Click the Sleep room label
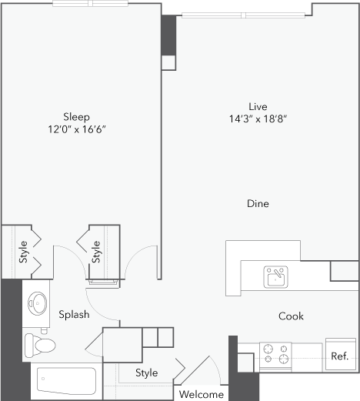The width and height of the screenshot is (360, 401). tap(76, 117)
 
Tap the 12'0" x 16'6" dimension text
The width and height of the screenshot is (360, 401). tap(77, 129)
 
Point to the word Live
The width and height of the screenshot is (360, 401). tap(258, 106)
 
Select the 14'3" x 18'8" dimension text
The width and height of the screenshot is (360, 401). tap(258, 119)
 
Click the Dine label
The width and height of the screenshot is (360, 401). tap(258, 204)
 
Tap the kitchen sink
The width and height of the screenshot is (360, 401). tap(276, 277)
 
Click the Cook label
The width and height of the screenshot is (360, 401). tap(291, 316)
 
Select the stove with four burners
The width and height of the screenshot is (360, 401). tap(275, 356)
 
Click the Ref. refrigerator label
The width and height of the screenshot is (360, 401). tap(340, 356)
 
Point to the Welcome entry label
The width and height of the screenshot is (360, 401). tap(202, 394)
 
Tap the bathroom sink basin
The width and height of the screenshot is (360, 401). tap(38, 303)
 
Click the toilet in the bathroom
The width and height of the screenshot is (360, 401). tap(40, 345)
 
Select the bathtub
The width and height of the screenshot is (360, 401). tap(66, 381)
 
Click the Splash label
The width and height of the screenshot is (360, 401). tap(74, 314)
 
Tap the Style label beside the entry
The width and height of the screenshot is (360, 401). tap(147, 373)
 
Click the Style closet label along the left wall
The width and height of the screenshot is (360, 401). tap(23, 252)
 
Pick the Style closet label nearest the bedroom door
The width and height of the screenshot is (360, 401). tap(96, 252)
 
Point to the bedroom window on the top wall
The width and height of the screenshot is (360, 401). tap(90, 3)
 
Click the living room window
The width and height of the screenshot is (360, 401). tap(243, 15)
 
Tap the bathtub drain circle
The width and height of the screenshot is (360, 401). tap(43, 379)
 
